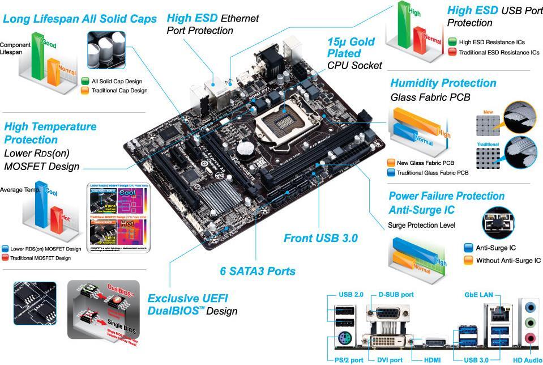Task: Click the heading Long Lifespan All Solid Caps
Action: coord(80,19)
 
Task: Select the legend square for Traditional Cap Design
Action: coord(85,90)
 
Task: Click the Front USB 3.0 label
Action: coord(320,239)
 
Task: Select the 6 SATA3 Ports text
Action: coord(258,271)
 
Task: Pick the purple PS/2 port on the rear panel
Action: coord(343,341)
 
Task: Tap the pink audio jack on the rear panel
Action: coord(530,338)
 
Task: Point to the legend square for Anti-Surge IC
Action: coord(468,248)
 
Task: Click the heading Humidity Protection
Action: coord(443,83)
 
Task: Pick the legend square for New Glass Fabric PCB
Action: coord(391,162)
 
